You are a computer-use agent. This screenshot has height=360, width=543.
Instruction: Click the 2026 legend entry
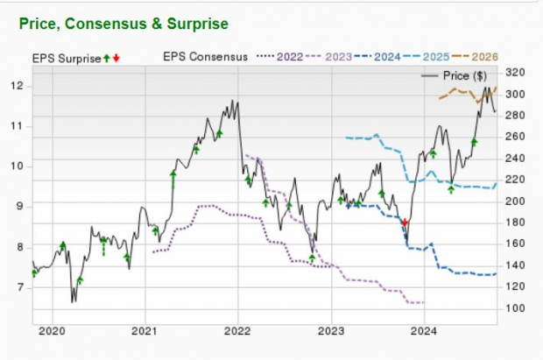(x=483, y=57)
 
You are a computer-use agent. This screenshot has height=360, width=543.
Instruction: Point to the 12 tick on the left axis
(x=18, y=86)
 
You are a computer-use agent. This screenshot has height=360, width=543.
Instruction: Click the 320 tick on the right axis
(x=516, y=72)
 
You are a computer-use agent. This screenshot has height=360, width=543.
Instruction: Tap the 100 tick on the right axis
(x=516, y=307)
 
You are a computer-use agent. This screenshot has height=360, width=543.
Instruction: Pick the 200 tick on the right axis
(x=516, y=201)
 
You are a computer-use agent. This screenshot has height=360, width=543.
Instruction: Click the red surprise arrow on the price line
(x=405, y=222)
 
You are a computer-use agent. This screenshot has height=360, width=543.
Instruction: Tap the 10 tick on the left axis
(x=18, y=166)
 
